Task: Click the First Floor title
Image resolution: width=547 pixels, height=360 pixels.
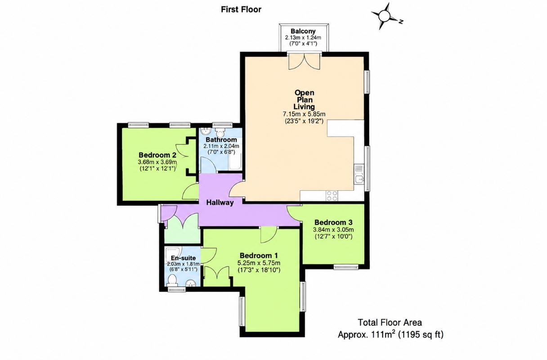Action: [241, 9]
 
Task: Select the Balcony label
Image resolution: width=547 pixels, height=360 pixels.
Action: [303, 31]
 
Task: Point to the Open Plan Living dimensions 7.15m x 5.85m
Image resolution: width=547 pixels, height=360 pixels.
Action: [304, 114]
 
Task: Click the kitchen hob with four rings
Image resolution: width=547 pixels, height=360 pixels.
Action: [332, 196]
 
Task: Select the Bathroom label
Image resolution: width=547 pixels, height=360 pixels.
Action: [221, 139]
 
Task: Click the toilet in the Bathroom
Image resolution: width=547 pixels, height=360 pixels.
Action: [220, 132]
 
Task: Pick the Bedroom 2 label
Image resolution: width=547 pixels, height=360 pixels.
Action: [157, 155]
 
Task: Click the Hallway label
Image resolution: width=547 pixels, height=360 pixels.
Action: [220, 202]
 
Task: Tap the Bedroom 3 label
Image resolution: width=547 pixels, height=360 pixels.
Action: [333, 222]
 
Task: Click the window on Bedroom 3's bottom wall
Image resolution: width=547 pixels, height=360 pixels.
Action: [346, 267]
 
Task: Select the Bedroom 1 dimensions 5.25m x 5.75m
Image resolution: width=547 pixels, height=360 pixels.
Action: [259, 263]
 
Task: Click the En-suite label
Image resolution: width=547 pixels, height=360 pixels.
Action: [183, 258]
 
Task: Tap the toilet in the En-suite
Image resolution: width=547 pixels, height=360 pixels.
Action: [173, 280]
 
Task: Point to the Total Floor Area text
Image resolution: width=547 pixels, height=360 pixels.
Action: [390, 323]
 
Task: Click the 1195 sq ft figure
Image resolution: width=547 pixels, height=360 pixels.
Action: [421, 334]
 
